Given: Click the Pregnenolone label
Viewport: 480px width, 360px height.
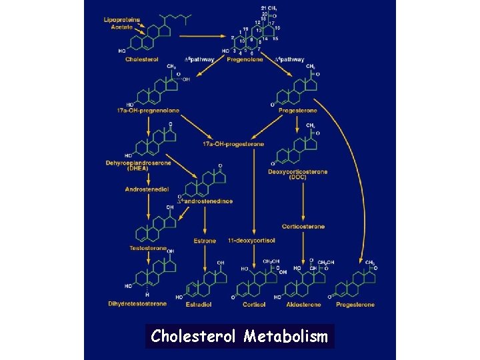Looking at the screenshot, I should [245, 59].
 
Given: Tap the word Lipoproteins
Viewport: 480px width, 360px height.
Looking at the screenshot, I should [122, 20].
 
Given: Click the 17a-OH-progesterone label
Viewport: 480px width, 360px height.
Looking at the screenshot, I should [233, 144].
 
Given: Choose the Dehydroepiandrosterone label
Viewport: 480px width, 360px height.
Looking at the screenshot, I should [138, 163].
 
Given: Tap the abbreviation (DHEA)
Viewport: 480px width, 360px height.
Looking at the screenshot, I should [138, 169].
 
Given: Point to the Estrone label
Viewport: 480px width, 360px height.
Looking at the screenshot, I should [205, 241].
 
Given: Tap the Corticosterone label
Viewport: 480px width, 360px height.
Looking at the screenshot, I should [303, 227].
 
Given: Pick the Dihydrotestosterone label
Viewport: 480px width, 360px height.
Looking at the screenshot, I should [137, 304].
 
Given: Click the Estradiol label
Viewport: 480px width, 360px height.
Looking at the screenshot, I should [199, 305].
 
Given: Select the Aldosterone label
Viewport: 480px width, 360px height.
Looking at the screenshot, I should [303, 305].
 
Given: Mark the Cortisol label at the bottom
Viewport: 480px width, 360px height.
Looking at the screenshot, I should [253, 305].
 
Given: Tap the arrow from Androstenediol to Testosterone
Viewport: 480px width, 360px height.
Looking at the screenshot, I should [148, 205].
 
